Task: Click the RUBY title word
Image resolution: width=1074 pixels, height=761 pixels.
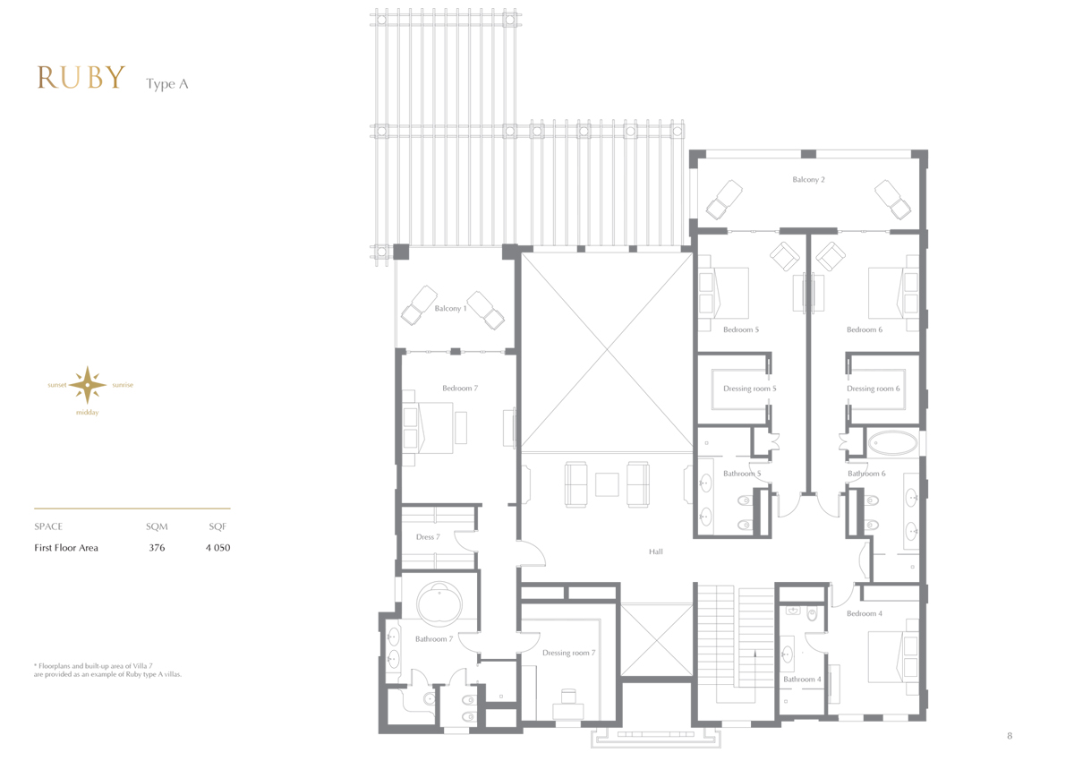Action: [x=81, y=78]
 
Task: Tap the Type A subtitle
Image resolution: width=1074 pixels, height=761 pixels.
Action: [x=166, y=84]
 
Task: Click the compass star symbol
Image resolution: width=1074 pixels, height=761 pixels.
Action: [x=88, y=385]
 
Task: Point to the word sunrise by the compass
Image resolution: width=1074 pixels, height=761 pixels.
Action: [x=123, y=385]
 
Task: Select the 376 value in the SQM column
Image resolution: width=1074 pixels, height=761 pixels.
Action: [x=157, y=548]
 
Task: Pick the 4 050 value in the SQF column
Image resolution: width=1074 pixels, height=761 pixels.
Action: [x=217, y=548]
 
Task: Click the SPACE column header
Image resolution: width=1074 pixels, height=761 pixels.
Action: [x=48, y=526]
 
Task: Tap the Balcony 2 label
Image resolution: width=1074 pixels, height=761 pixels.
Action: [x=808, y=179]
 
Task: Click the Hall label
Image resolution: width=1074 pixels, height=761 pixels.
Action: [x=656, y=552]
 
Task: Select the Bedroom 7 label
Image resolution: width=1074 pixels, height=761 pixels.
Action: [x=460, y=388]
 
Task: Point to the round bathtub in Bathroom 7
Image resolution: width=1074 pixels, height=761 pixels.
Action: [x=439, y=604]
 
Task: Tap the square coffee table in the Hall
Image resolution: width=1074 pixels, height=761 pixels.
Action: [x=607, y=484]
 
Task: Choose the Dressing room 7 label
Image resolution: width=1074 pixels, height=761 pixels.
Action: [x=568, y=653]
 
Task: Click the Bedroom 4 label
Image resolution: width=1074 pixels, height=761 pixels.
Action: [x=864, y=613]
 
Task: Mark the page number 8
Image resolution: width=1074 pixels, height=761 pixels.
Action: [x=1010, y=736]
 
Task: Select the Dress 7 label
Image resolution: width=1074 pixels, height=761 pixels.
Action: [x=428, y=536]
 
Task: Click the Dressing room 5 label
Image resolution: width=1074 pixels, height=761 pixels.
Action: [x=749, y=389]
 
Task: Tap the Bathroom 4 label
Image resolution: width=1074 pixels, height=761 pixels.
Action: [x=802, y=679]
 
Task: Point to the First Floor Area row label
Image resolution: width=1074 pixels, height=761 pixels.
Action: [x=66, y=548]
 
